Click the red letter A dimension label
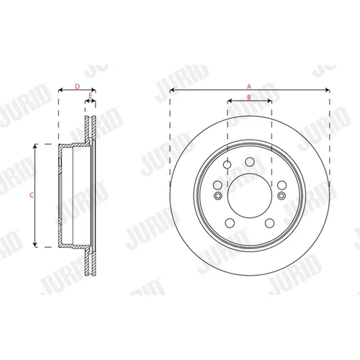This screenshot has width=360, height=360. (x=249, y=86)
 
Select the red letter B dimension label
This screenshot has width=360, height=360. (x=249, y=97)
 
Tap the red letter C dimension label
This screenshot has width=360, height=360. (x=32, y=196)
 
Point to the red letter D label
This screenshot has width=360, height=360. (x=77, y=86)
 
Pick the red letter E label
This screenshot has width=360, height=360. (x=90, y=95)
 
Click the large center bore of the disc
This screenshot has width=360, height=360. (x=250, y=196)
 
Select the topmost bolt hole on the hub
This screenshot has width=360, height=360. (x=250, y=162)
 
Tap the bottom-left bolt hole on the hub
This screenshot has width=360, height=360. (x=230, y=223)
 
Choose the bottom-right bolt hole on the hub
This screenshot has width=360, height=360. (x=269, y=223)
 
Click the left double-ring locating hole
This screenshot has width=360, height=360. (x=217, y=196)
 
